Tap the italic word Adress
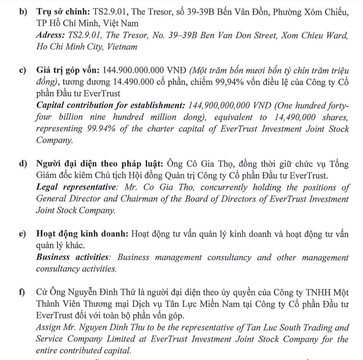51,35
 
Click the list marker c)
23,71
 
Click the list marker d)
24,165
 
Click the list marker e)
23,235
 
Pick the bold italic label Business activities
72,258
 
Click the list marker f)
23,293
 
